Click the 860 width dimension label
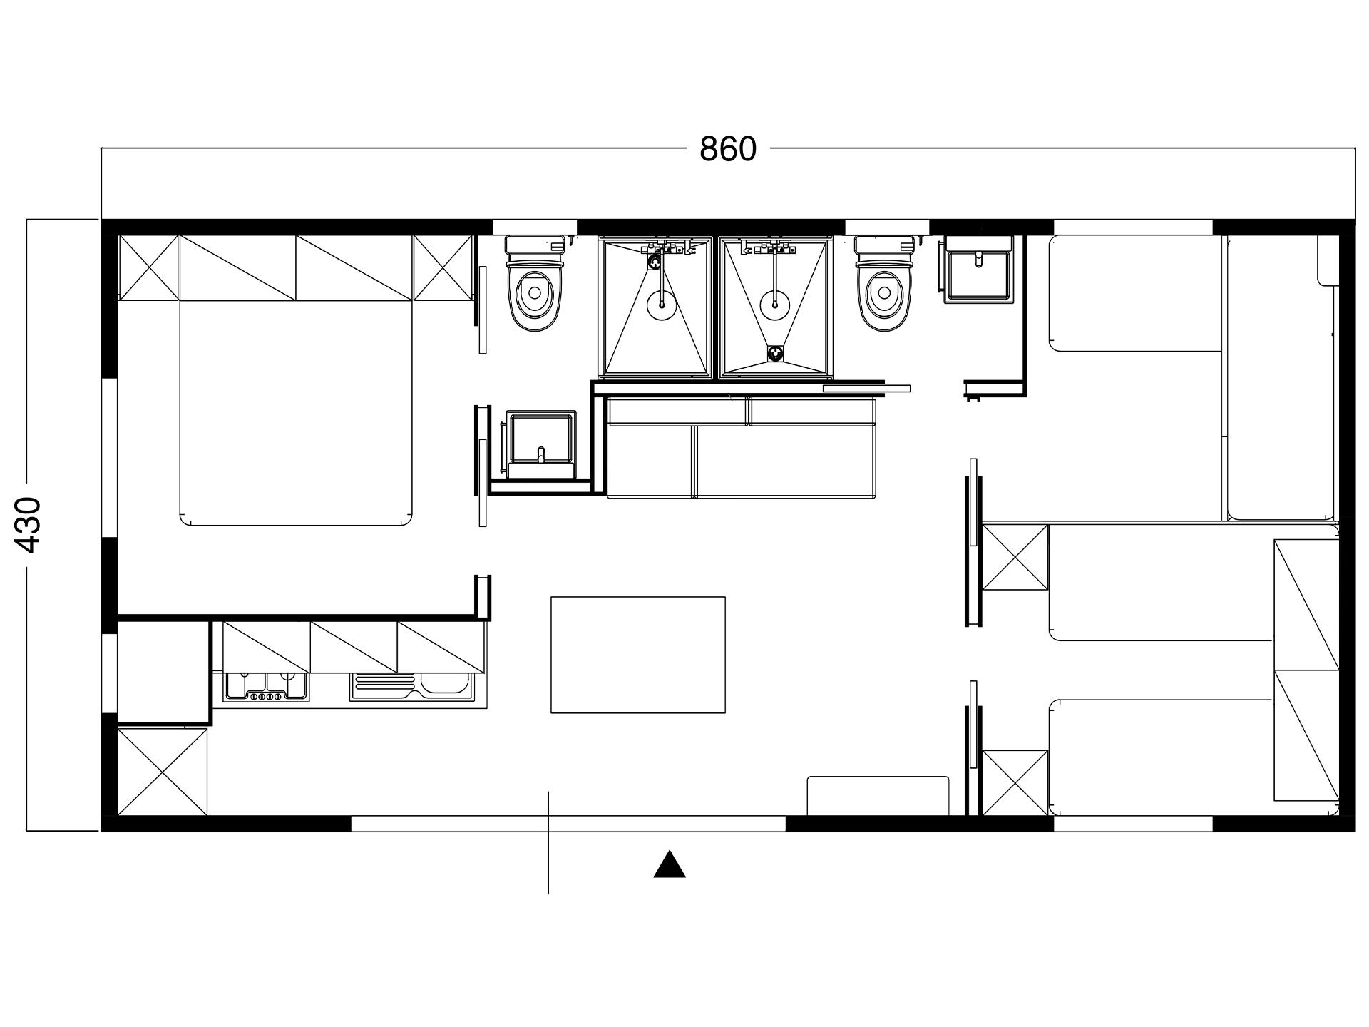click(x=727, y=149)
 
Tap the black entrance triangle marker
click(x=670, y=864)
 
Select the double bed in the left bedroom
click(x=296, y=414)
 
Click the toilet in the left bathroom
click(x=535, y=285)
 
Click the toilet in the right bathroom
click(x=884, y=285)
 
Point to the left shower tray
click(x=656, y=308)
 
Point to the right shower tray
click(x=776, y=308)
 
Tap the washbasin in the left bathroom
click(x=540, y=444)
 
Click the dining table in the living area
click(x=638, y=655)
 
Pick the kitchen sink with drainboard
click(x=411, y=688)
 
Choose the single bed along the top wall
click(x=1136, y=294)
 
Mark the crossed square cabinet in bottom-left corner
click(x=163, y=770)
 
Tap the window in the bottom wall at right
click(x=1133, y=824)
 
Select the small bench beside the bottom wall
click(x=878, y=795)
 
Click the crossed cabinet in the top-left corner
click(x=148, y=267)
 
